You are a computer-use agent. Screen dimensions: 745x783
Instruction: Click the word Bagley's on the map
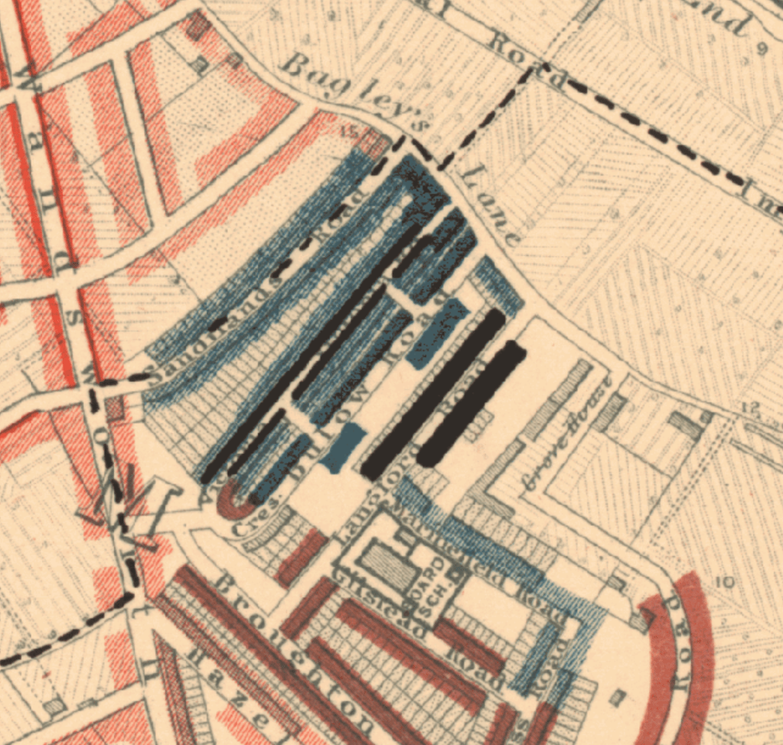[x=348, y=90]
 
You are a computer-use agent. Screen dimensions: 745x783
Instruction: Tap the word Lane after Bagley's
[x=490, y=205]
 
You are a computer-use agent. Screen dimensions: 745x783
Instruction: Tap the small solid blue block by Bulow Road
[x=341, y=447]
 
